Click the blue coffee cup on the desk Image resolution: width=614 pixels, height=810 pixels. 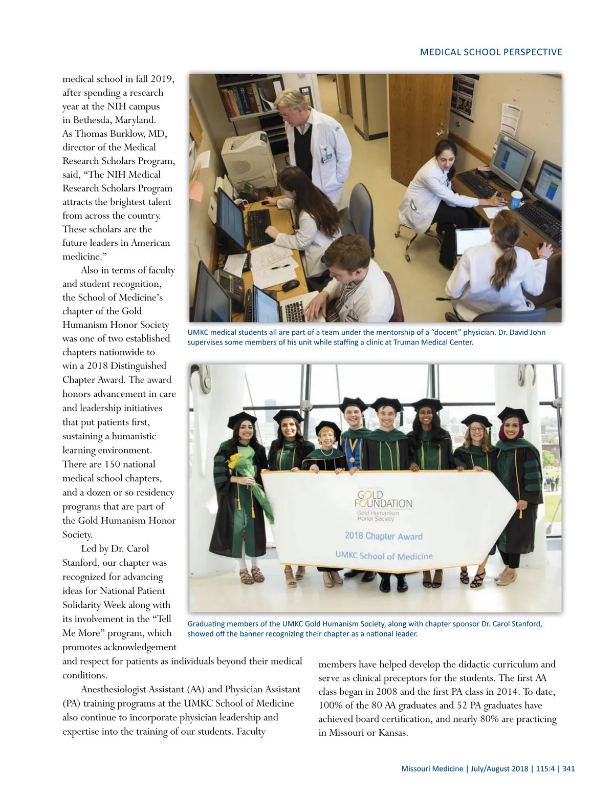coord(516,199)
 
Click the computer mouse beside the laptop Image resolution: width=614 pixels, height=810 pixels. coord(291,285)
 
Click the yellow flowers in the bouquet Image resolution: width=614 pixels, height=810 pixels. coord(235,460)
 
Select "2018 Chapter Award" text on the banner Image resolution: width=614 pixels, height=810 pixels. coord(383,536)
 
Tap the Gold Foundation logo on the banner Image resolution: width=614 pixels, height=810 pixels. coord(383,500)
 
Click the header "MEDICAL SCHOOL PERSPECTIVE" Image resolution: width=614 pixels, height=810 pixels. coord(491,52)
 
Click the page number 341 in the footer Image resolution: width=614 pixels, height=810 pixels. coord(568,769)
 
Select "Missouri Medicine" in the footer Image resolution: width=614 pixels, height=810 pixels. coord(432,769)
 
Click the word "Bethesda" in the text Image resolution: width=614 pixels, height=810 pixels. coord(92,120)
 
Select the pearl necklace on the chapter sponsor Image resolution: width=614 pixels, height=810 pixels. coord(326,454)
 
